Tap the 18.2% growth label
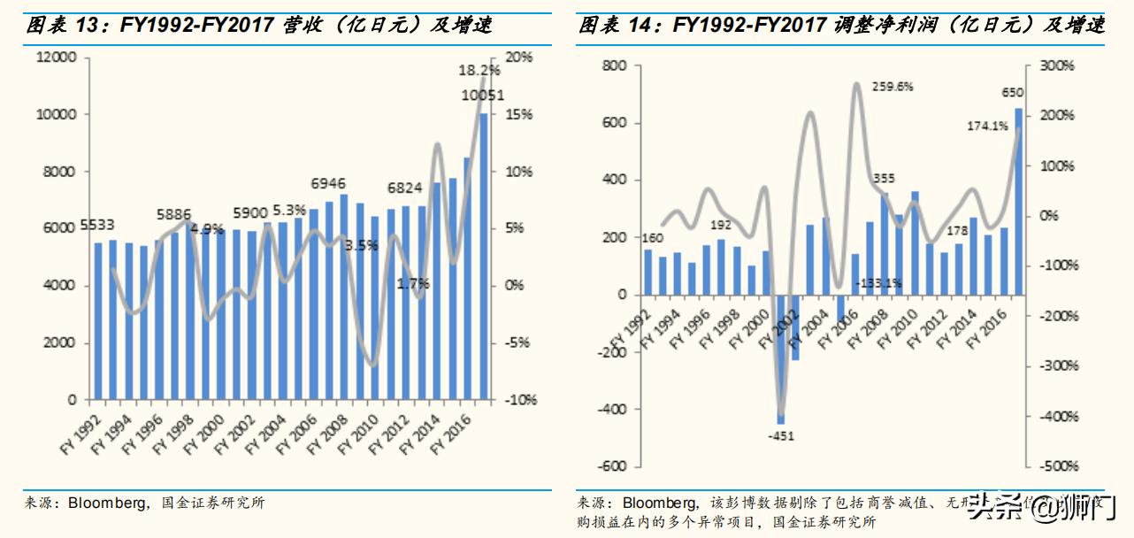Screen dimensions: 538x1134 (x=479, y=70)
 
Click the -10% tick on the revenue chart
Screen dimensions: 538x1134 (x=523, y=400)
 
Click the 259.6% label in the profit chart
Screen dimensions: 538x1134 (x=892, y=87)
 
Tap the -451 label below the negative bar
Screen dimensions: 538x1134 (x=780, y=434)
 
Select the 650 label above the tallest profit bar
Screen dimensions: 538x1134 (x=1013, y=92)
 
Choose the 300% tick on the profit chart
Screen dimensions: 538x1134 (x=1056, y=65)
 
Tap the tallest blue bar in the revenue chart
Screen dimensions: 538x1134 (x=484, y=256)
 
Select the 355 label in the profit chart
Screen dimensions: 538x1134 (x=883, y=179)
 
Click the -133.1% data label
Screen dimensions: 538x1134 (x=878, y=283)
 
